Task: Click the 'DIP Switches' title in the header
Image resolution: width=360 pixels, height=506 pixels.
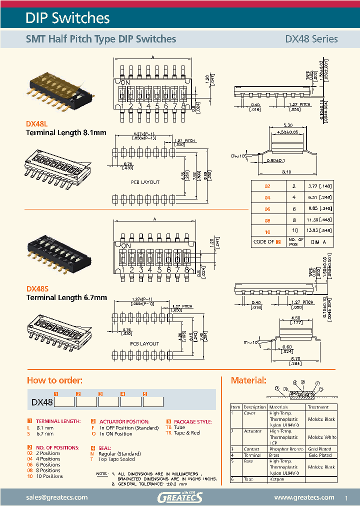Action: (x=67, y=18)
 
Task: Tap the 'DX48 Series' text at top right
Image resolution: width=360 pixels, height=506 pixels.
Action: (x=311, y=39)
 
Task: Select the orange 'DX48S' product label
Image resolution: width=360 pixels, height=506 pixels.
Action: (x=36, y=289)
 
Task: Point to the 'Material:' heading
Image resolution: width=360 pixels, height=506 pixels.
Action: (x=248, y=380)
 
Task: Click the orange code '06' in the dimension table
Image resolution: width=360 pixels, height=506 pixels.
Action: (x=267, y=208)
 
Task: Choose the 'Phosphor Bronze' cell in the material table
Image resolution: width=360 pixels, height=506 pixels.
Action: (x=286, y=449)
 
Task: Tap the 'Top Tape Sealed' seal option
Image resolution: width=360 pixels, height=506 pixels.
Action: (x=117, y=459)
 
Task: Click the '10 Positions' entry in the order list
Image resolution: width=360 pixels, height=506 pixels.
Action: (x=45, y=476)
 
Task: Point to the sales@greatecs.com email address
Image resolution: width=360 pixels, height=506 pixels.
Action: (x=57, y=497)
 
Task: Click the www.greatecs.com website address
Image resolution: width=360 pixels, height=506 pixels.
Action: (x=304, y=497)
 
